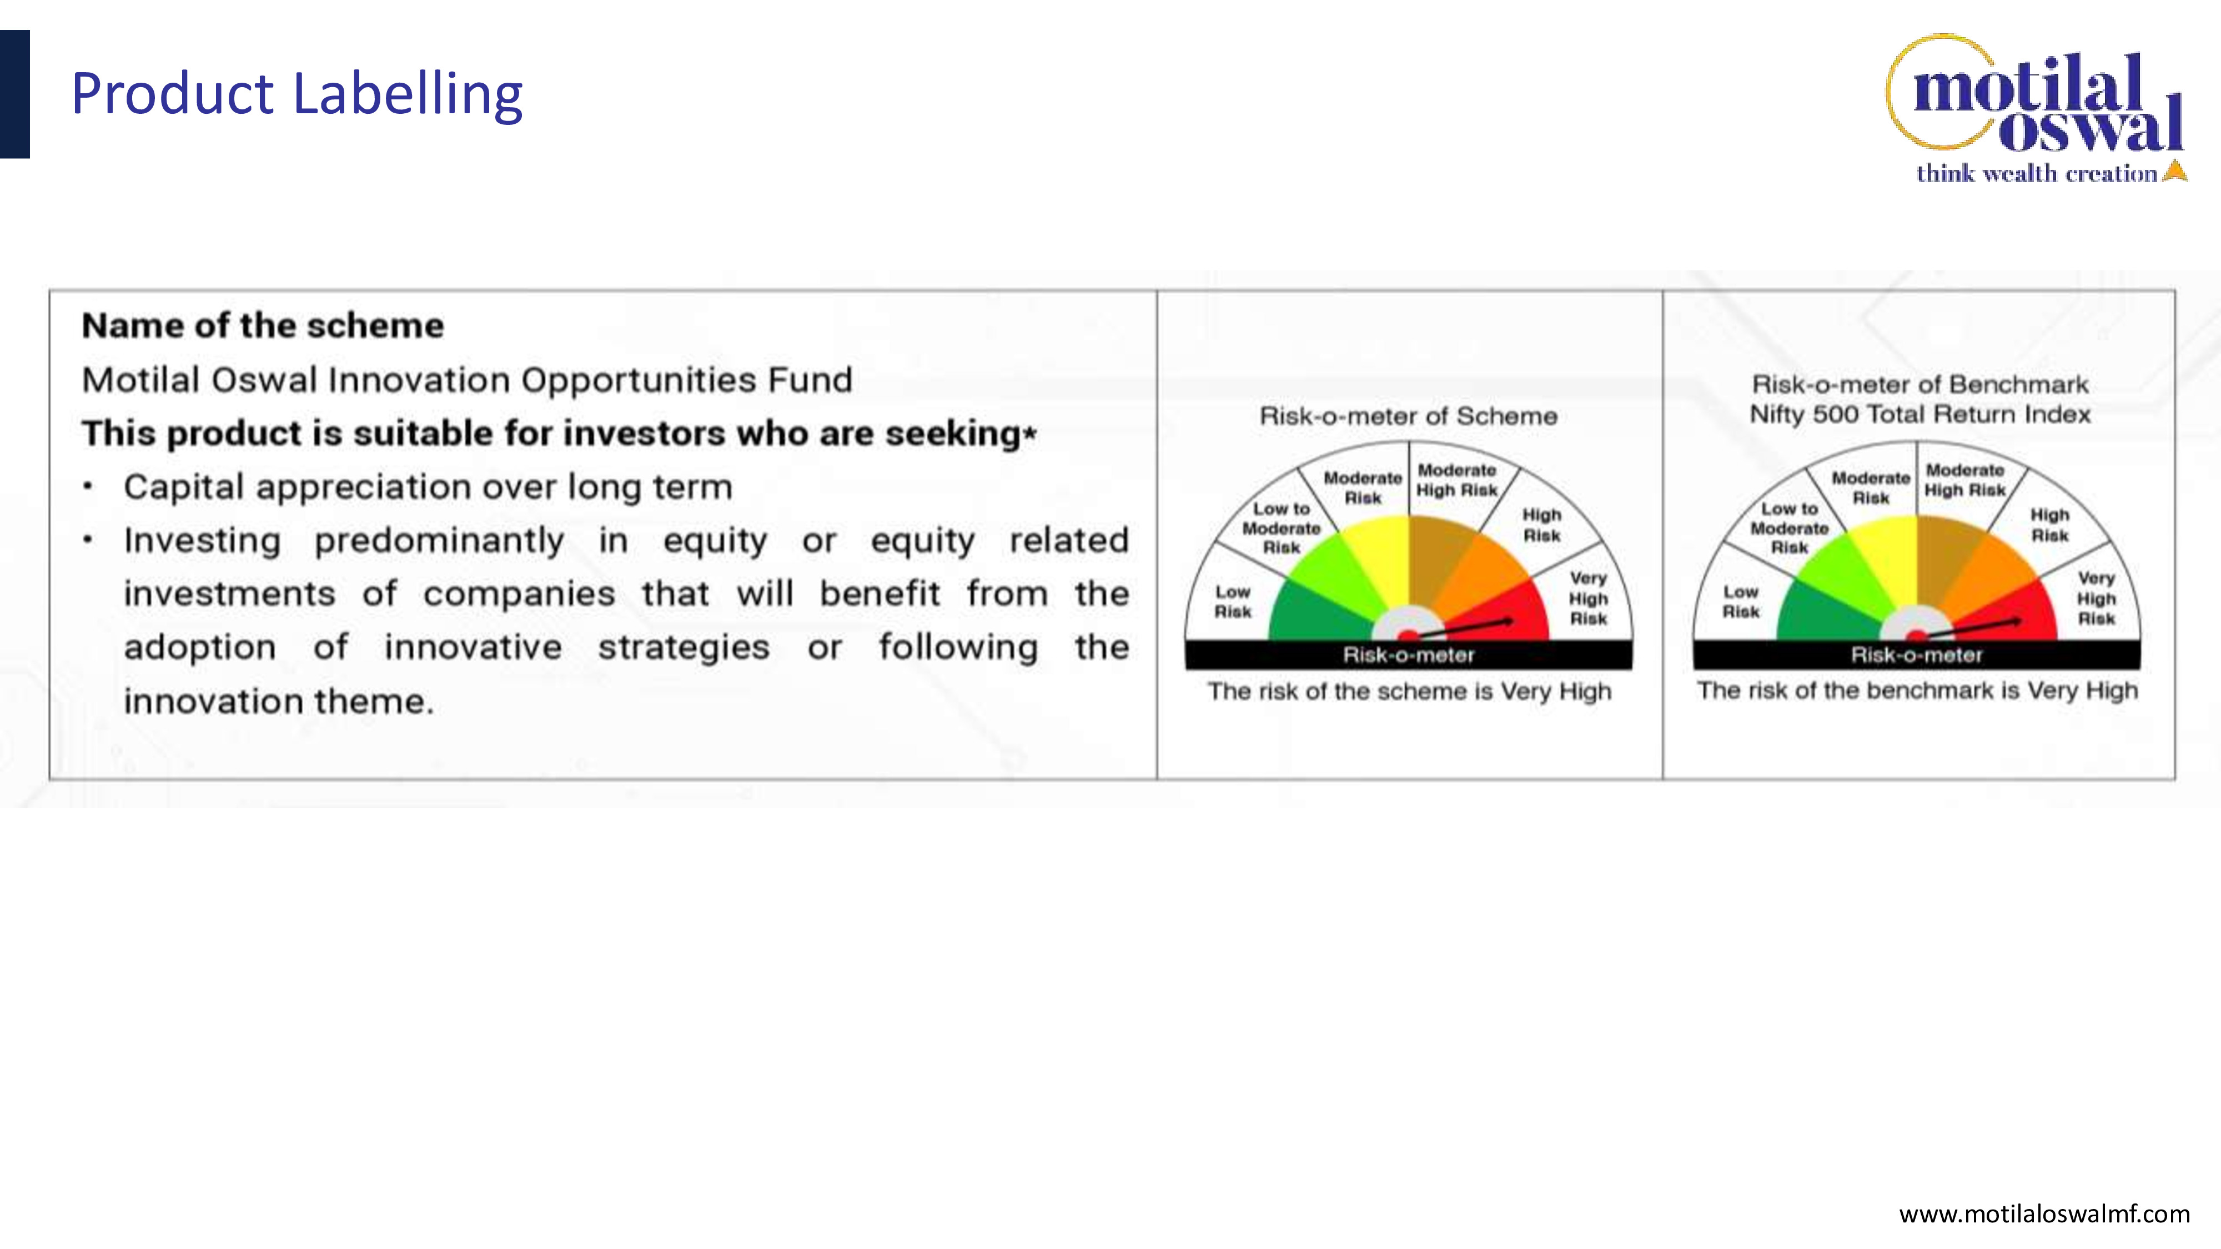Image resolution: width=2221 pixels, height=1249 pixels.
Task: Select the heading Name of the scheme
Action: click(263, 326)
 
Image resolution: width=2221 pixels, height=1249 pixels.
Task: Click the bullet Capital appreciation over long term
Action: click(428, 487)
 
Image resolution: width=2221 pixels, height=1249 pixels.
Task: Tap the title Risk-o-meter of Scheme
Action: click(1409, 416)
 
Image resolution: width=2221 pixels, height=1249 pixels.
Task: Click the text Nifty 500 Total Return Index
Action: click(1920, 415)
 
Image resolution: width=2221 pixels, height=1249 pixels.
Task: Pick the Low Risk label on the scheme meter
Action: click(1233, 602)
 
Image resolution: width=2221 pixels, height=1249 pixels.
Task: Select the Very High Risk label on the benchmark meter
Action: click(2096, 598)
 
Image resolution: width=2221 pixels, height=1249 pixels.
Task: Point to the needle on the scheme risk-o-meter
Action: click(1466, 627)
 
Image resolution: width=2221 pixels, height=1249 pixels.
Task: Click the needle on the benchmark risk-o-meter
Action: click(1974, 627)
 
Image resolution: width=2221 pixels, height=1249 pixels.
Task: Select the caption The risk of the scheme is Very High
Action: click(1409, 691)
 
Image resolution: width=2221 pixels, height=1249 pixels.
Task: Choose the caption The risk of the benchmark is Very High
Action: click(1917, 691)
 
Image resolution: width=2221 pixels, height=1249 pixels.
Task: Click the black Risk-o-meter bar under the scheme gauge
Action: click(1409, 655)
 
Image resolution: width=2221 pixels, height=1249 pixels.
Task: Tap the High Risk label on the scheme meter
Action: click(1541, 525)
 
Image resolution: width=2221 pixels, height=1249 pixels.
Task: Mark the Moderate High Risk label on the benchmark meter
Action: click(1965, 480)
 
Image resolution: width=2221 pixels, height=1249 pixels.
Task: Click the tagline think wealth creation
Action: click(2037, 173)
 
